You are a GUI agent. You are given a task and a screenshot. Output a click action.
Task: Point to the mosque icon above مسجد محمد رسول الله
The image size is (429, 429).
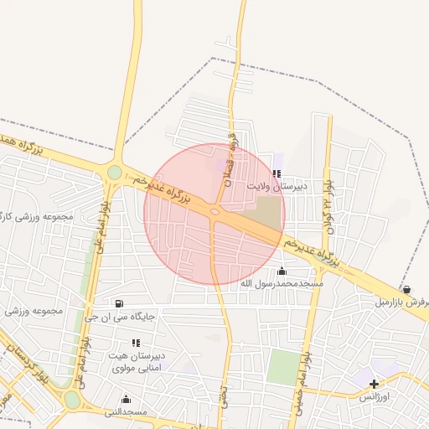281,271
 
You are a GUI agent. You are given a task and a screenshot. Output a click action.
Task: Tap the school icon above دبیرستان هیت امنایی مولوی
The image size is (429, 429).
136,343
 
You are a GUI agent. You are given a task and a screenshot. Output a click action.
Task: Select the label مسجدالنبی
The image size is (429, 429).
127,411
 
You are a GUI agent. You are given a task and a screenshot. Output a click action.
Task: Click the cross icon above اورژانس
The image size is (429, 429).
374,384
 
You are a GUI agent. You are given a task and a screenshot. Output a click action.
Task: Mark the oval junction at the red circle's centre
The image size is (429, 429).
215,213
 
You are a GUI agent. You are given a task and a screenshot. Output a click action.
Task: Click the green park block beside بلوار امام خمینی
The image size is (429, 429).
283,366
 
